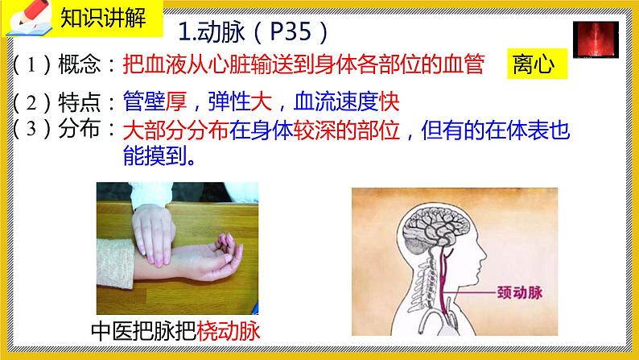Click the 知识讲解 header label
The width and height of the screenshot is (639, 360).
[x=103, y=19]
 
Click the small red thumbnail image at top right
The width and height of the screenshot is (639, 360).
[x=597, y=40]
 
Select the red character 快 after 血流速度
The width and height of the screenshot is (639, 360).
[x=390, y=102]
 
